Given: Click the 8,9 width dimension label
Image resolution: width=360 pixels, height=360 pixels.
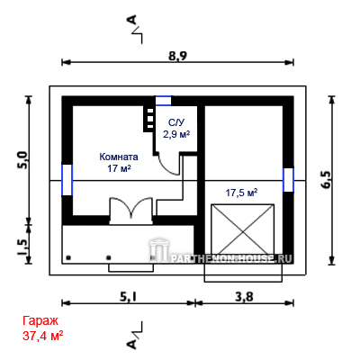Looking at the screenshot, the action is tap(177, 56).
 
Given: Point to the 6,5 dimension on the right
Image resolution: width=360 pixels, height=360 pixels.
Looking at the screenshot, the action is tap(327, 180).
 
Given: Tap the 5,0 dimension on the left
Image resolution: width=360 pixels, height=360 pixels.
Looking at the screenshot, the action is tap(23, 160).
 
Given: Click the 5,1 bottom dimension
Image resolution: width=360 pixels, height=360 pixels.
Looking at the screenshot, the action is tap(129, 297).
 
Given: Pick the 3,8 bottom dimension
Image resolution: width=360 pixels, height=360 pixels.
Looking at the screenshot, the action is tap(244, 297).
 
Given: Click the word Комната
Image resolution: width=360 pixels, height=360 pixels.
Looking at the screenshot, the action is tap(119, 157).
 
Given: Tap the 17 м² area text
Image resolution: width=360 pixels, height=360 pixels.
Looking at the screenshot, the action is tap(119, 168).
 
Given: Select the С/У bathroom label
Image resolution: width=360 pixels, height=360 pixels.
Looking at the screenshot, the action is tap(176, 122).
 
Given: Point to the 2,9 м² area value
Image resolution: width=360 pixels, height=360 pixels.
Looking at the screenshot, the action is tap(176, 134).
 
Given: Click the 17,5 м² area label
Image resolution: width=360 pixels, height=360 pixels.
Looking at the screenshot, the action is tap(241, 193).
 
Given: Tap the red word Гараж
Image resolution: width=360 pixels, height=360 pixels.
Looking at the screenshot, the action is tap(40, 320).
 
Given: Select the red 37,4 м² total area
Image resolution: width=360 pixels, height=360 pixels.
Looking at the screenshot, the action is tap(42, 336).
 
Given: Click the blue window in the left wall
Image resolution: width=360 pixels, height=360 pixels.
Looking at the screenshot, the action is tap(67, 180).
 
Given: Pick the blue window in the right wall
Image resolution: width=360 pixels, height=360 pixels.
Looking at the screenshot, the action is tap(288, 180).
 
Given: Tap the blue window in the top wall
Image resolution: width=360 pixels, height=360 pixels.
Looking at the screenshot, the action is tap(163, 101).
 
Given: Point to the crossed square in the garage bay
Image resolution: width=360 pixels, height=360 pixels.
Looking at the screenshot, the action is tap(242, 229).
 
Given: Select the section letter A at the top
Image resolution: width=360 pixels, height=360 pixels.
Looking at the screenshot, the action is tap(132, 20).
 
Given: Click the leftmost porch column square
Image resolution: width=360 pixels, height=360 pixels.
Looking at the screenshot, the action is tap(68, 257).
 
